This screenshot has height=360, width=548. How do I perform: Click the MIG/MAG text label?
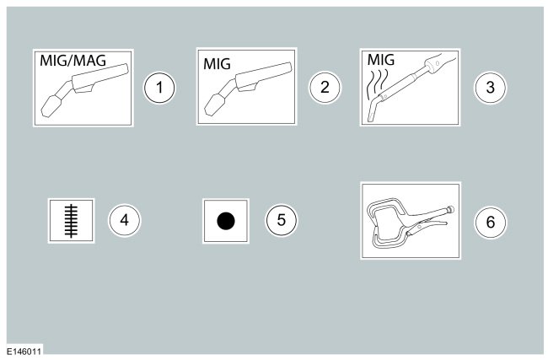[x=73, y=61]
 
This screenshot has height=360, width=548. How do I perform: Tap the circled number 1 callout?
[x=159, y=88]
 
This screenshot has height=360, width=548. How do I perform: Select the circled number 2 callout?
[x=325, y=87]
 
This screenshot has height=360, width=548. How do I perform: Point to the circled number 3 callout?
[x=490, y=88]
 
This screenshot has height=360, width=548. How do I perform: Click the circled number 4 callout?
[x=125, y=220]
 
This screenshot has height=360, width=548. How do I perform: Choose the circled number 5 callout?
[x=281, y=220]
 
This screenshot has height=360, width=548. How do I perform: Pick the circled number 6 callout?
[x=490, y=222]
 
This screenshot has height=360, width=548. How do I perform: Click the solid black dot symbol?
[x=226, y=221]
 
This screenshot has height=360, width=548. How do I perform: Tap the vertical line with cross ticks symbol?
[x=72, y=221]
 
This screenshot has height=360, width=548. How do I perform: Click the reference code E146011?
[x=24, y=352]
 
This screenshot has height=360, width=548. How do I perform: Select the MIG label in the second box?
[x=217, y=64]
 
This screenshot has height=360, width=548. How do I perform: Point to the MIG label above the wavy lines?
[x=381, y=60]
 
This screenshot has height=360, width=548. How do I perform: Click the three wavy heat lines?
[x=378, y=83]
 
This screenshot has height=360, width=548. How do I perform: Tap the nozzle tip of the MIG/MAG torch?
[x=51, y=106]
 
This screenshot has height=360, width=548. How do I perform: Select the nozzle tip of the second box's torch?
[x=214, y=105]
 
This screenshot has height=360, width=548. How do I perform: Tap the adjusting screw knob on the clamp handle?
[x=450, y=210]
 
